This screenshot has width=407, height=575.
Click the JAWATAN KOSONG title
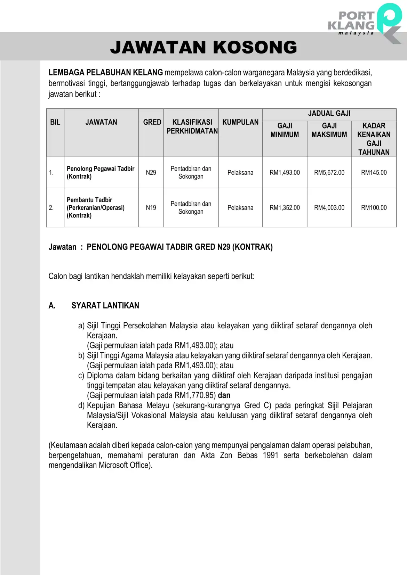click(203, 47)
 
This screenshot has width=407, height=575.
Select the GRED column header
click(152, 122)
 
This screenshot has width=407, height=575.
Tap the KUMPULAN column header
click(240, 122)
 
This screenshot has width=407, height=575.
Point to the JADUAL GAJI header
click(329, 114)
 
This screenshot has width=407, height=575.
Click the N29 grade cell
click(151, 173)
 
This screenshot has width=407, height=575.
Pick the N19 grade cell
click(151, 208)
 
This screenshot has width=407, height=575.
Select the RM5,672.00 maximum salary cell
click(329, 173)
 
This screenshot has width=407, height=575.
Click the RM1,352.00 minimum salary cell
click(285, 208)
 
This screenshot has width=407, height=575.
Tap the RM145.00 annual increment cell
click(374, 173)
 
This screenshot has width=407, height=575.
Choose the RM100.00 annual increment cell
click(374, 208)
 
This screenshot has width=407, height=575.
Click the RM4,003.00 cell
click(329, 208)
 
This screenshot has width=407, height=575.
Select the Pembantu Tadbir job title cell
click(95, 208)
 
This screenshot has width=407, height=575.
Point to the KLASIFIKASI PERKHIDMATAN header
click(192, 126)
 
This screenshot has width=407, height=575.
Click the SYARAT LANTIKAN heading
click(105, 306)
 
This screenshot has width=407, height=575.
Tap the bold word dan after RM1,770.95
click(224, 395)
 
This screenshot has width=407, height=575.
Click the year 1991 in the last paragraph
click(271, 455)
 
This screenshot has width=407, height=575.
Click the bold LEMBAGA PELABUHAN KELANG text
click(105, 73)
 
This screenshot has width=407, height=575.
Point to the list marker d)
click(81, 405)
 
